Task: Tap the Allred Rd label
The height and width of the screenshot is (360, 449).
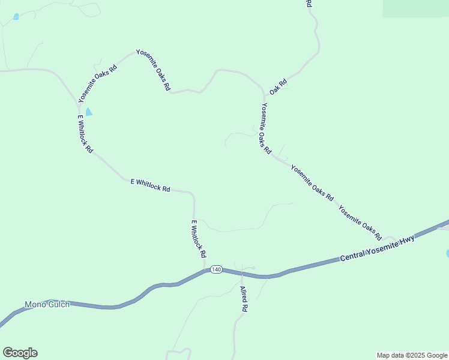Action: [244, 299]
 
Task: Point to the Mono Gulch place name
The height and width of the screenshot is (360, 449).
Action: [47, 304]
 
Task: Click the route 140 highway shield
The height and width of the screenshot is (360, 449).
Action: [217, 269]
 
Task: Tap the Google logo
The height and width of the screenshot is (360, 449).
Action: [20, 353]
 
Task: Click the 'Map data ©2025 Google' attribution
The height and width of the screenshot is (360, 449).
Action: [412, 355]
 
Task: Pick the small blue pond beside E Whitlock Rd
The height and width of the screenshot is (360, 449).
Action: [89, 112]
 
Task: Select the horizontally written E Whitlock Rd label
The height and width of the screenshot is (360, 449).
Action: [150, 185]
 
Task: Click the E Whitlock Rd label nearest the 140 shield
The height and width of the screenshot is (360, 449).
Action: [199, 239]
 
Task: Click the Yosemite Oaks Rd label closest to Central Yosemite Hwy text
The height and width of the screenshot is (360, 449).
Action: [360, 221]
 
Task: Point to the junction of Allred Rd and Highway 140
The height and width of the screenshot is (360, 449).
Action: [241, 274]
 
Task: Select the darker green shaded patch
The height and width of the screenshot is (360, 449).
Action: [415, 8]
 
